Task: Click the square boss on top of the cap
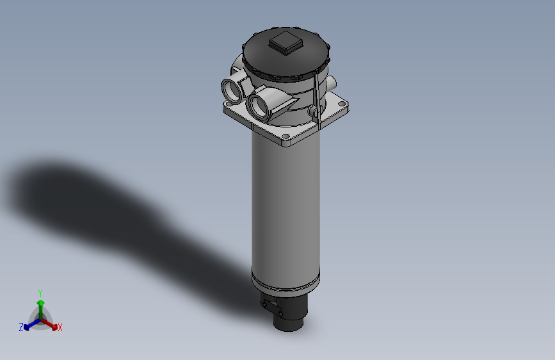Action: click(x=286, y=43)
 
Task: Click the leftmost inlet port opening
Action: click(x=231, y=89)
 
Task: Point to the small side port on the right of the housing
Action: click(x=332, y=83)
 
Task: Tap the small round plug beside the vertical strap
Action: click(x=313, y=113)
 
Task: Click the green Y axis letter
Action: click(x=40, y=292)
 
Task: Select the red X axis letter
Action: click(x=60, y=328)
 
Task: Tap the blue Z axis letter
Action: click(x=21, y=327)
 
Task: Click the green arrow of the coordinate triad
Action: click(x=40, y=304)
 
